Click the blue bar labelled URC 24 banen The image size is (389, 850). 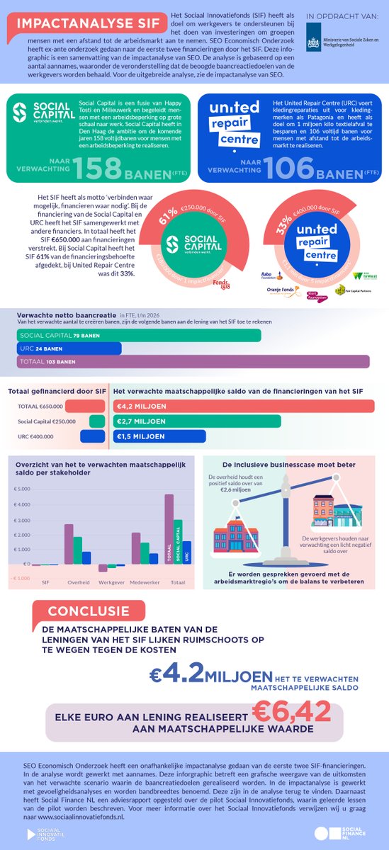click(68, 348)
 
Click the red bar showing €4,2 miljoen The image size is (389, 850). click(249, 406)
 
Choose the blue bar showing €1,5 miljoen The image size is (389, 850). click(159, 436)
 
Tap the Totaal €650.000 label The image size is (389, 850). click(40, 407)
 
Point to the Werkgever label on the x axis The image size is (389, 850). click(106, 582)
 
